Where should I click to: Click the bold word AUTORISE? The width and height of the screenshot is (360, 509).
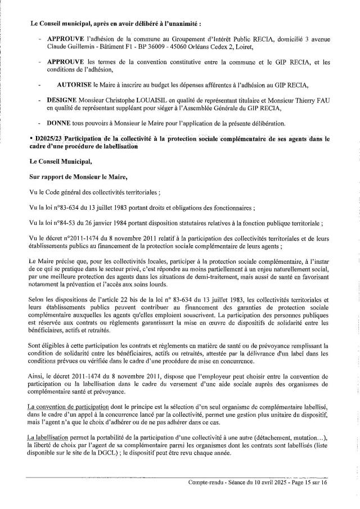(75, 84)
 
